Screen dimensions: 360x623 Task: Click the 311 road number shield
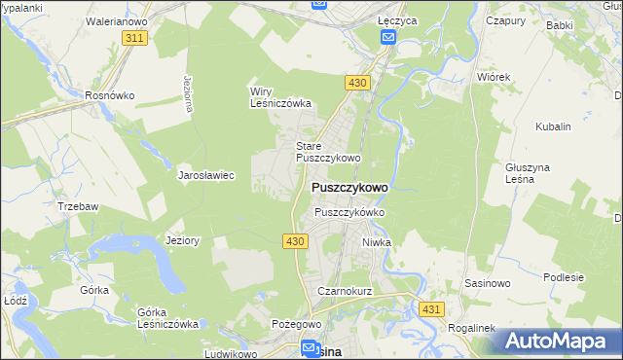[x=135, y=38]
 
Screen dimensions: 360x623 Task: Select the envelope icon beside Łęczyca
[x=388, y=37]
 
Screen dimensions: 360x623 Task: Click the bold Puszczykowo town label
[x=348, y=187]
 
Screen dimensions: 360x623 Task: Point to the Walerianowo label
[x=116, y=19]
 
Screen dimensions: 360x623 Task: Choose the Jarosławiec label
[x=205, y=176]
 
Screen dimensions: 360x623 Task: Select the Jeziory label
[x=183, y=240]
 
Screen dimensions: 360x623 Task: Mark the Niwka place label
[x=376, y=242]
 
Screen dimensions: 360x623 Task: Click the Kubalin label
[x=553, y=126]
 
